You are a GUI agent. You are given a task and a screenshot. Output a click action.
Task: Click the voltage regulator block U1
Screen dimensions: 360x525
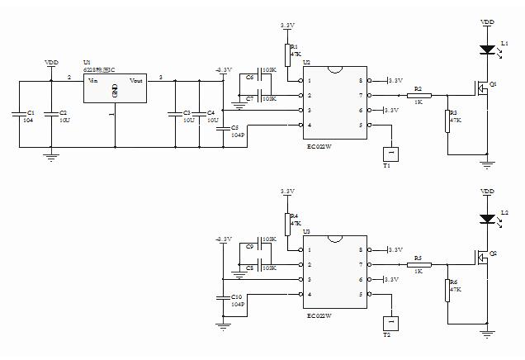[114, 92]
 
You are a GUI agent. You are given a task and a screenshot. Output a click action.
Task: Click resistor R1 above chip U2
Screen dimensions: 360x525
[287, 54]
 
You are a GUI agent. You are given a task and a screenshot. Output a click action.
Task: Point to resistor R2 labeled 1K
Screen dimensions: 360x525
[419, 96]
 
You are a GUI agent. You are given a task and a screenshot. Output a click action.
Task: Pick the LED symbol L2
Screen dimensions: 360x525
[487, 220]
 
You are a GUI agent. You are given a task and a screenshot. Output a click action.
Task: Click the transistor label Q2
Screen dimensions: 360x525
[493, 254]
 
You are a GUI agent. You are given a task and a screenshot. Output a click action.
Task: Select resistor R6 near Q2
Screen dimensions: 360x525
[447, 290]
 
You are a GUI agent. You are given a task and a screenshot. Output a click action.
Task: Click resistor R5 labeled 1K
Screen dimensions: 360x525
[419, 267]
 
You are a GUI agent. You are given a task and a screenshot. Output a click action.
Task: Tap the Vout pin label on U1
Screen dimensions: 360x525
[136, 81]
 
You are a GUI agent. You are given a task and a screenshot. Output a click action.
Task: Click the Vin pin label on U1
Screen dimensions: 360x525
[92, 81]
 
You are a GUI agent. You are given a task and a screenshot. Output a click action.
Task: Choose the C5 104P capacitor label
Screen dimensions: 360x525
[235, 128]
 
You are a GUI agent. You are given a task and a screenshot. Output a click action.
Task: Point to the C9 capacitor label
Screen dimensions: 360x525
[249, 247]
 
